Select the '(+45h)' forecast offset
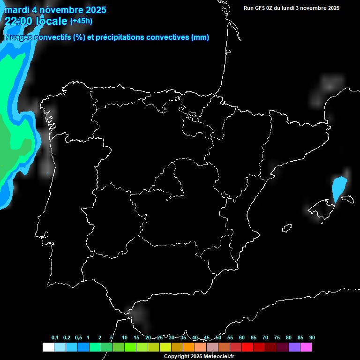(82, 21)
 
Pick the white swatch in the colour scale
(48, 347)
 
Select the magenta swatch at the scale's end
(306, 347)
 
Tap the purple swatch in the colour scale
(294, 347)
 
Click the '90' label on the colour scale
(312, 338)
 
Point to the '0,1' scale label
(55, 338)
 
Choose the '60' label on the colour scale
(242, 338)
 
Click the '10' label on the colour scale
(125, 338)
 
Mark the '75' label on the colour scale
(277, 338)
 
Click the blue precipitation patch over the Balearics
(339, 187)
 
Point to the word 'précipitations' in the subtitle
(121, 37)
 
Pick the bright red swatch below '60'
(247, 347)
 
